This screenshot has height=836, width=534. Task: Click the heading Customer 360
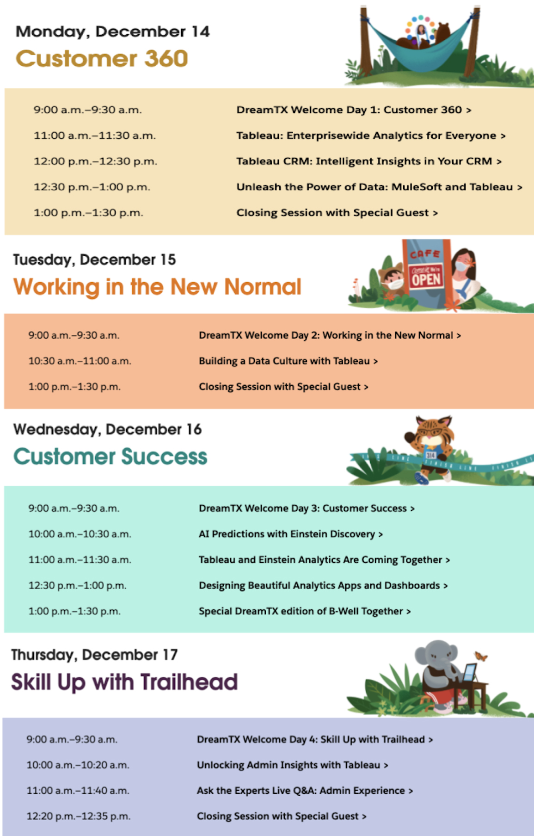pos(102,59)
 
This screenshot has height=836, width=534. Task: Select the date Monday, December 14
pos(112,31)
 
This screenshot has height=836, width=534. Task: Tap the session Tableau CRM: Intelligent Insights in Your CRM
pos(369,161)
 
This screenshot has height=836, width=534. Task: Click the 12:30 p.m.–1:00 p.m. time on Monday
pos(92,187)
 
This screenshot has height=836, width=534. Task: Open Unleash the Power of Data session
pos(379,187)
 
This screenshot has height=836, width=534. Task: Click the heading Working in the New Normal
pos(157,286)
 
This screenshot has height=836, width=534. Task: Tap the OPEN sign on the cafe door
pos(426,279)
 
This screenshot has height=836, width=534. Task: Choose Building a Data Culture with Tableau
pos(288,361)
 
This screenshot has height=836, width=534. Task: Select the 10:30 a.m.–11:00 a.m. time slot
pos(80,361)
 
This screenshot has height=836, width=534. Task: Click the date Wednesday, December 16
pos(107,429)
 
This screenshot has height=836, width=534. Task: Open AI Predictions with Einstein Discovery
pos(291,534)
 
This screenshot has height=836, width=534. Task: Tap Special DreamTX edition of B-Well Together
pos(305,611)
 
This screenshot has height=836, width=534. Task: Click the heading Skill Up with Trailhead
pos(124,682)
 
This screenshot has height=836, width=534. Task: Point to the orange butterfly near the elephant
pos(481,656)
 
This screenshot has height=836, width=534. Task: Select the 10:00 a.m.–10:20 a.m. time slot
pos(78,765)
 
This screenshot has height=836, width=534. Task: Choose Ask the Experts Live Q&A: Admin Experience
pos(305,791)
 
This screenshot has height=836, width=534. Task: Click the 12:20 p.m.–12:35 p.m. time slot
pos(79,817)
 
